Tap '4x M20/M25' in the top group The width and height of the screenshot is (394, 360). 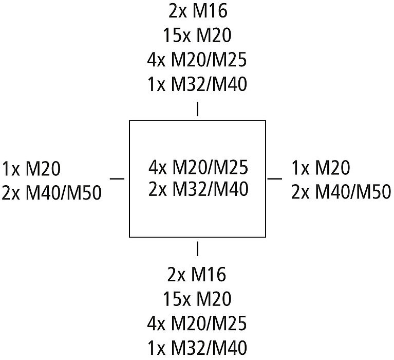(x=197, y=60)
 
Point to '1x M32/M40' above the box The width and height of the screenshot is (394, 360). (x=197, y=84)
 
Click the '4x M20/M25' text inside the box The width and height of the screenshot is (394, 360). (x=198, y=167)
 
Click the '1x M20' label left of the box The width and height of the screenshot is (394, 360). (x=31, y=168)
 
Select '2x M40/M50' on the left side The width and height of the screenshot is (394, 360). (x=51, y=193)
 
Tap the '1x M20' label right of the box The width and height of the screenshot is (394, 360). (x=321, y=168)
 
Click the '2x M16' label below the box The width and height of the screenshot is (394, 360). (x=197, y=275)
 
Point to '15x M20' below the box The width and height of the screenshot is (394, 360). (x=197, y=299)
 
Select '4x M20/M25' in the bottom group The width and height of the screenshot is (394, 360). (x=197, y=323)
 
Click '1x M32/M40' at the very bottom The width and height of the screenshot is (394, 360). (x=197, y=348)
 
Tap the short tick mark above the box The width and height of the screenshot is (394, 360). (x=197, y=110)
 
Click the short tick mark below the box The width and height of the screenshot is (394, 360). (x=197, y=249)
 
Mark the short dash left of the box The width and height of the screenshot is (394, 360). (x=118, y=178)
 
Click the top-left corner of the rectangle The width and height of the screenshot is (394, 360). (x=129, y=121)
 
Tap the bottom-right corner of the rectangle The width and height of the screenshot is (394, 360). (x=266, y=237)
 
